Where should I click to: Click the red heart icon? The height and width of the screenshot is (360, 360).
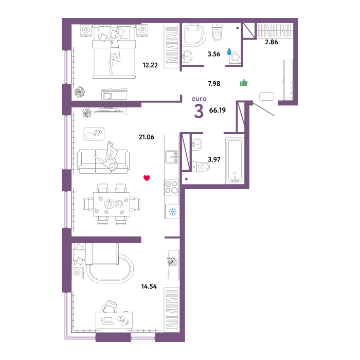click(147, 178)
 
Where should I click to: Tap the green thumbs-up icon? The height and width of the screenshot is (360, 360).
click(244, 82)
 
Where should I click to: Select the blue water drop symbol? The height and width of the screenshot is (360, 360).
click(229, 51)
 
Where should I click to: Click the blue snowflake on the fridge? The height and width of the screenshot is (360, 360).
click(172, 211)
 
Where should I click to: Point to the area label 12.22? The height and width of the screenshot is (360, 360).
click(150, 65)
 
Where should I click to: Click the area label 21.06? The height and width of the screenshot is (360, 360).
click(146, 137)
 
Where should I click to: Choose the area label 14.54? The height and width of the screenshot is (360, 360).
click(149, 286)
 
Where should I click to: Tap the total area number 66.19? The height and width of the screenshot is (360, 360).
click(217, 110)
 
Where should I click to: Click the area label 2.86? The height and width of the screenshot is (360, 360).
click(272, 42)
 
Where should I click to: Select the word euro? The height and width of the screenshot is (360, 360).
click(199, 99)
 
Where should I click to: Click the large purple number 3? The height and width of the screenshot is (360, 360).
click(199, 112)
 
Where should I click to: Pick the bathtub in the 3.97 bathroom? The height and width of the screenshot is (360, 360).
click(235, 160)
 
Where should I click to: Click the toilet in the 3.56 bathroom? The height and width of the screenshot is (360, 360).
click(217, 32)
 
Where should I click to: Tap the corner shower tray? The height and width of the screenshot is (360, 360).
click(194, 34)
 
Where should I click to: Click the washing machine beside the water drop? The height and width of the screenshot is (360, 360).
click(235, 58)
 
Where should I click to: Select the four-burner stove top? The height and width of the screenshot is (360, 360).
click(171, 187)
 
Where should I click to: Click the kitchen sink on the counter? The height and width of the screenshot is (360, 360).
click(171, 157)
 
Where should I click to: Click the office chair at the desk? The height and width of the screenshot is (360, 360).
click(109, 307)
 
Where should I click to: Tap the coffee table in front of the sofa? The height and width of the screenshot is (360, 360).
click(94, 134)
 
